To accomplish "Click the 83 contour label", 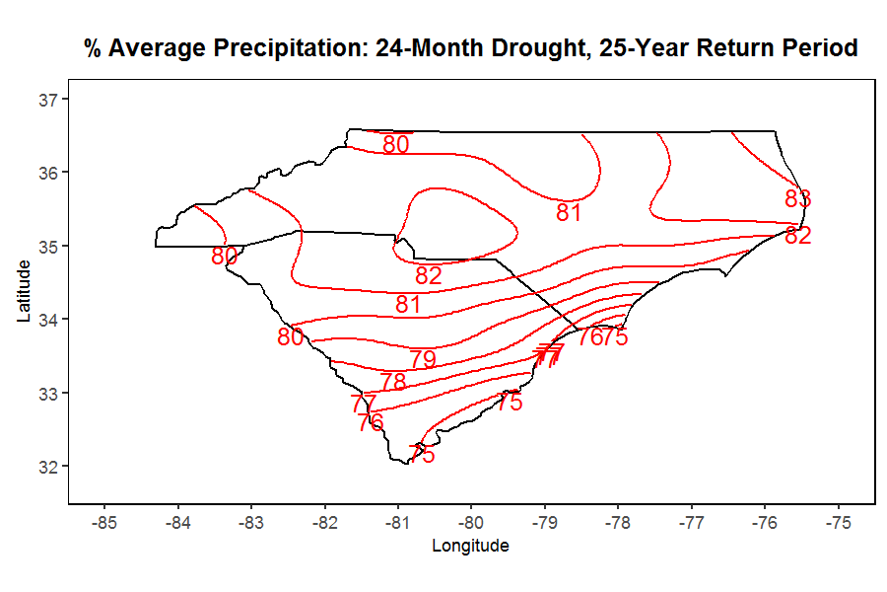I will [x=797, y=198].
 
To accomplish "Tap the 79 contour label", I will [x=423, y=359].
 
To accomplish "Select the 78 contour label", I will [x=393, y=382].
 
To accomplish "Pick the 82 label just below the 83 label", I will [x=797, y=236].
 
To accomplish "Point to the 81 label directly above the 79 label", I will [x=408, y=305].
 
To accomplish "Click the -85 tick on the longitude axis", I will [x=104, y=521].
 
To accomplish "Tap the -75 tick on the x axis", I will [x=838, y=521].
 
